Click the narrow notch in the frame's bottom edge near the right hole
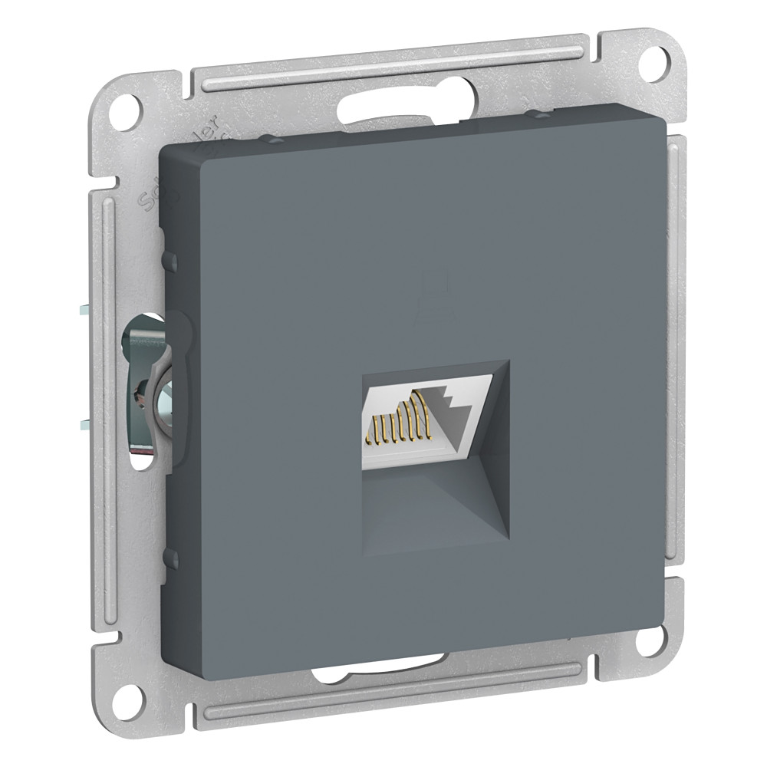pyautogui.click(x=583, y=629)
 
